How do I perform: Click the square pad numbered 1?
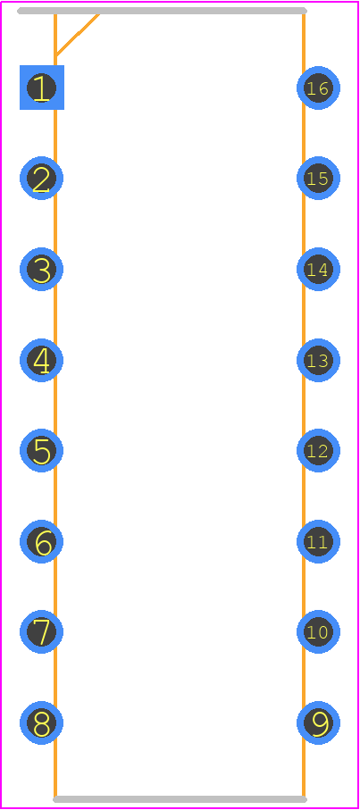coord(42,88)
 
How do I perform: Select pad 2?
coord(42,179)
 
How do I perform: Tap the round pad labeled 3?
coord(42,269)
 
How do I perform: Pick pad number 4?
coord(42,360)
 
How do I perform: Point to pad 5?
coord(42,450)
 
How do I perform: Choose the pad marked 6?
coord(42,541)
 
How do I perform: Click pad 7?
coord(42,631)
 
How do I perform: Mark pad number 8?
coord(42,722)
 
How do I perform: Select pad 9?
coord(318,722)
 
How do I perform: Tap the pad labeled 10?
coord(318,631)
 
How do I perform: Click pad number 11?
coord(318,541)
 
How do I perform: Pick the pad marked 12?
coord(318,450)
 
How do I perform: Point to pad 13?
coord(318,360)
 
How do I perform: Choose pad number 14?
coord(318,269)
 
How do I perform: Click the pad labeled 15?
coord(318,179)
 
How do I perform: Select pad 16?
coord(318,88)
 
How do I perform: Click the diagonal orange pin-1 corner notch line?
coord(77,35)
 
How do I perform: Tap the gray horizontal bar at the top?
coord(163,11)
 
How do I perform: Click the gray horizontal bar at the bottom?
coord(180,799)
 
